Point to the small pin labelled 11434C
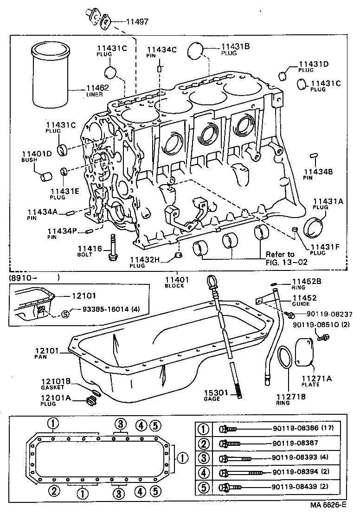pyautogui.click(x=159, y=68)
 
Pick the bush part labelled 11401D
pyautogui.click(x=45, y=176)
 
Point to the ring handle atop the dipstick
pyautogui.click(x=211, y=281)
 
